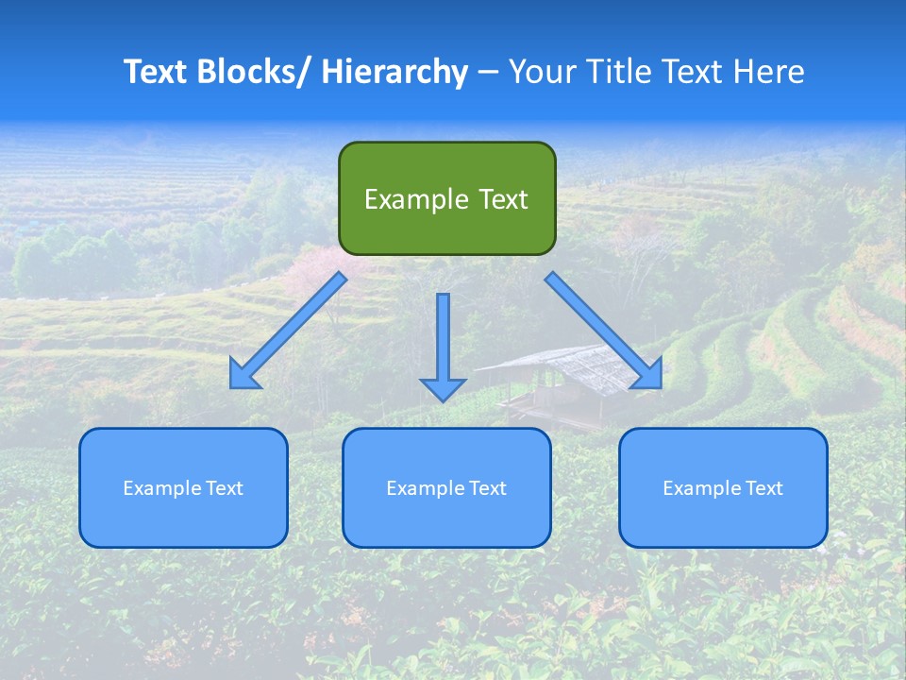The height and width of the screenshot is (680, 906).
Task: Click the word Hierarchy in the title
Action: point(394,72)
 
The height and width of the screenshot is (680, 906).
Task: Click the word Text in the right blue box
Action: point(763,488)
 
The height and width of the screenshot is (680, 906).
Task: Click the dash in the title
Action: point(488,73)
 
